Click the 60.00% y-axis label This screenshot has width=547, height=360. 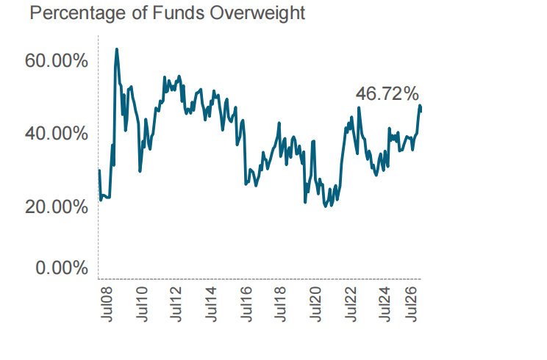click(56, 61)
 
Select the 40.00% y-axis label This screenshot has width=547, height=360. click(56, 134)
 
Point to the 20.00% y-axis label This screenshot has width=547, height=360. click(56, 207)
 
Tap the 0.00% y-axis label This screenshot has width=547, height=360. click(62, 268)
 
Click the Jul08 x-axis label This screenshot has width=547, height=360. click(107, 304)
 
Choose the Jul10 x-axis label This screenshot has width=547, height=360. click(141, 304)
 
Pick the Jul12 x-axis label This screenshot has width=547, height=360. click(176, 304)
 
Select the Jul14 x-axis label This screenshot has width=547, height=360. click(211, 304)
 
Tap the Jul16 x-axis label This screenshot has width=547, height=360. click(246, 304)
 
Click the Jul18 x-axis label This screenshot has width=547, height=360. click(280, 304)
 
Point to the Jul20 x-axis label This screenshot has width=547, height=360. click(315, 304)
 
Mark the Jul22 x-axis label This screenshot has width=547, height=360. click(350, 304)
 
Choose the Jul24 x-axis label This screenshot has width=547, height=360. click(385, 304)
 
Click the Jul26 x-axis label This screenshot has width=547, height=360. click(411, 304)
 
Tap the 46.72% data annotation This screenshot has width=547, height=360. click(387, 94)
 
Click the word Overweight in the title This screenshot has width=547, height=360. click(257, 13)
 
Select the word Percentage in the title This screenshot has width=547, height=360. click(78, 14)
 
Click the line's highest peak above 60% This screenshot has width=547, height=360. click(116, 49)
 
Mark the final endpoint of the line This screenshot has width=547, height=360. click(421, 111)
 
